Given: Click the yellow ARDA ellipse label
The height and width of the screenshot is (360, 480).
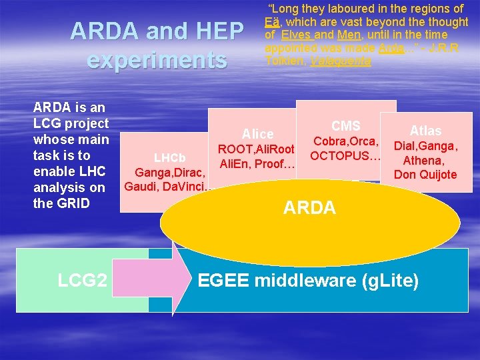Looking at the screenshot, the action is tap(309, 208).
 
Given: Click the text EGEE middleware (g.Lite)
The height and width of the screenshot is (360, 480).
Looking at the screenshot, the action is tap(309, 281).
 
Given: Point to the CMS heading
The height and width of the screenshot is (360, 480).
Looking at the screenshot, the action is tap(346, 126).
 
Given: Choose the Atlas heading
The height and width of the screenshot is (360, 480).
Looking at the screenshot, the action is tap(425, 131).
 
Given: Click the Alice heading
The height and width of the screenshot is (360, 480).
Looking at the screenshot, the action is tap(257, 134).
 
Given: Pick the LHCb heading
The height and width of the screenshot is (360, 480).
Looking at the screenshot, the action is tap(169, 159).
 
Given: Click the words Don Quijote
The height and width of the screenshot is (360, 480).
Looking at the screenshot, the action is tap(425, 175).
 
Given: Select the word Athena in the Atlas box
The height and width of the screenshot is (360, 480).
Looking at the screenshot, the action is tap(425, 160).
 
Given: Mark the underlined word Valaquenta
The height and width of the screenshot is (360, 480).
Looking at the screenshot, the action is tap(338, 61).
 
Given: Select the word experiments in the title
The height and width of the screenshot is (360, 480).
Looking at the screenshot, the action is tap(157, 60).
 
